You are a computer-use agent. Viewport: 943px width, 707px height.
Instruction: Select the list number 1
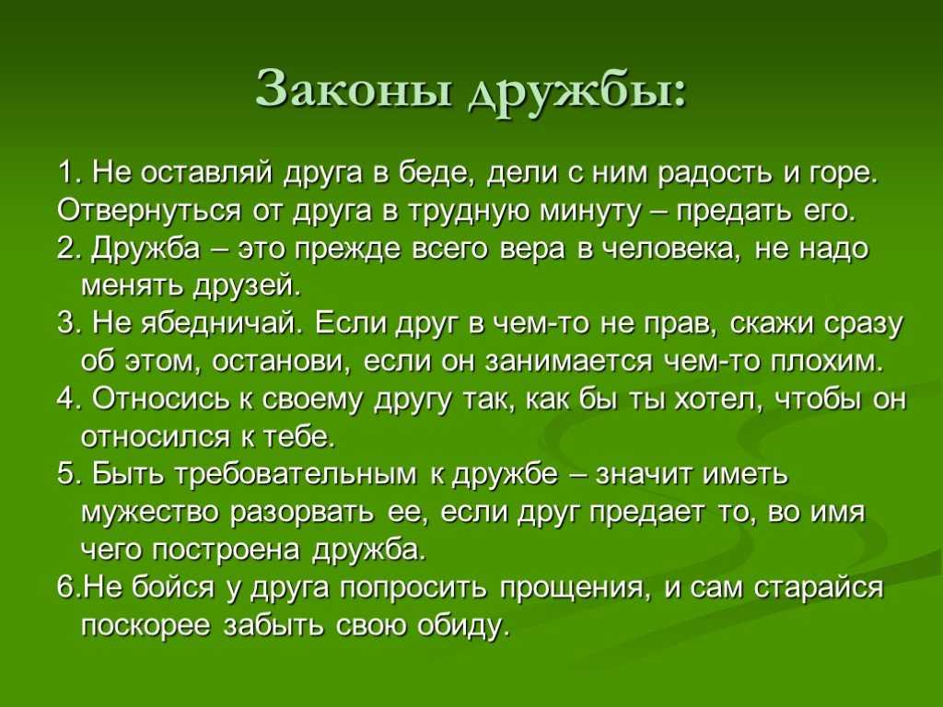tap(70, 173)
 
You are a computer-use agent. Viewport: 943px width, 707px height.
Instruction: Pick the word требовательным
tap(295, 475)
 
